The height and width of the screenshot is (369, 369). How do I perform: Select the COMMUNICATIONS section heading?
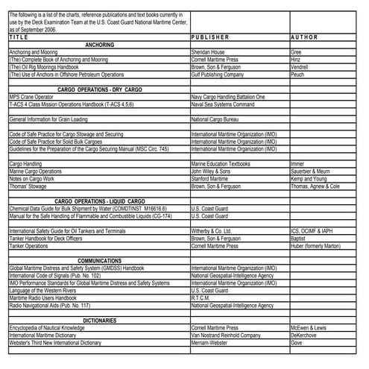point(99,260)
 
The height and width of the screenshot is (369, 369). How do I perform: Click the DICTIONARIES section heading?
point(99,320)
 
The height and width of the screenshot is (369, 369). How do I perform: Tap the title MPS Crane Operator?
point(31,97)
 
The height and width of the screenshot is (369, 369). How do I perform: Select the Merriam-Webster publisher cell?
point(212,342)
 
